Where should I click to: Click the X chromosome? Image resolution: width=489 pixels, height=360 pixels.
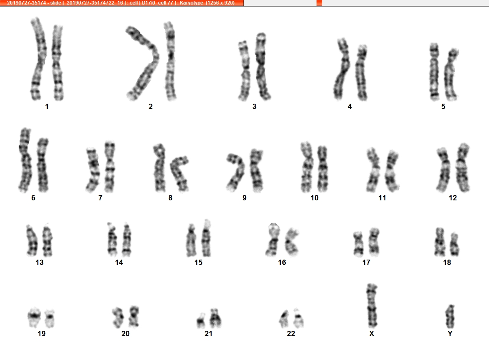pyautogui.click(x=372, y=305)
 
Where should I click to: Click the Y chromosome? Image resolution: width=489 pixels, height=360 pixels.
pyautogui.click(x=450, y=316)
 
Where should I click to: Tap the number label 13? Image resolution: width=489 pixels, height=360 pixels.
pyautogui.click(x=40, y=262)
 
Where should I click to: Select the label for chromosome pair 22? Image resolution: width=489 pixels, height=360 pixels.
pyautogui.click(x=291, y=334)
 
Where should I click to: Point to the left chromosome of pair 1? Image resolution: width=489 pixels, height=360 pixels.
pyautogui.click(x=39, y=59)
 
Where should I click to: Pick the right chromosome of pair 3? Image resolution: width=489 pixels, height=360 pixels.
pyautogui.click(x=262, y=66)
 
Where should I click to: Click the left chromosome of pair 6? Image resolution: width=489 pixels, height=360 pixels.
pyautogui.click(x=25, y=160)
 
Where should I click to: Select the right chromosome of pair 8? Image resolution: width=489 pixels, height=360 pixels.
pyautogui.click(x=179, y=173)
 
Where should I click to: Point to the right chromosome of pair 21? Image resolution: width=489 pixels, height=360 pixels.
pyautogui.click(x=215, y=318)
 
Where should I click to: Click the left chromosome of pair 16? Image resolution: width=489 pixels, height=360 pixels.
pyautogui.click(x=272, y=239)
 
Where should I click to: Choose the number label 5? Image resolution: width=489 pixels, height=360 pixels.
pyautogui.click(x=443, y=107)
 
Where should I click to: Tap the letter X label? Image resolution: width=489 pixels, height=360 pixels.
pyautogui.click(x=371, y=334)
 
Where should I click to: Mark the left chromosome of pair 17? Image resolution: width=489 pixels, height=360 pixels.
pyautogui.click(x=358, y=244)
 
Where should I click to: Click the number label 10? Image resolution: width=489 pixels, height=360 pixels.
pyautogui.click(x=314, y=198)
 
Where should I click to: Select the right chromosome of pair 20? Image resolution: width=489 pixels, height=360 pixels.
pyautogui.click(x=134, y=316)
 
